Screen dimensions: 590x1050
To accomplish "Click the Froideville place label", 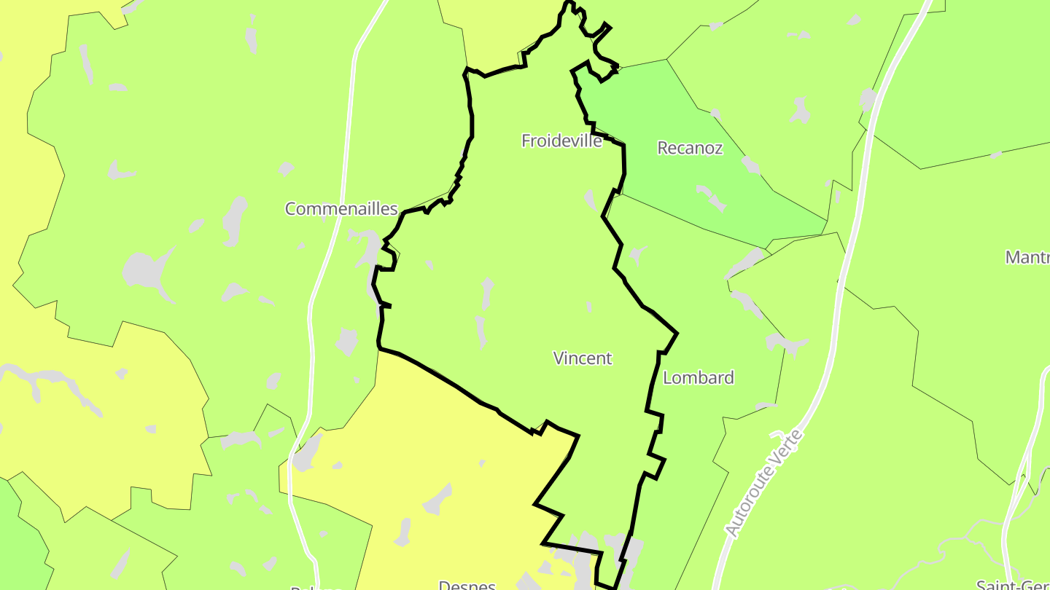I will pos(561,141).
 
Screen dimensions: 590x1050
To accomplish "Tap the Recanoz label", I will pos(690,148).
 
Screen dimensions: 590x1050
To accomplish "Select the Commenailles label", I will pos(341,209).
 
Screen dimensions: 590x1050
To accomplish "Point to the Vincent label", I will pos(583,358).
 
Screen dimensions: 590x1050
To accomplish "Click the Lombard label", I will pos(698,377).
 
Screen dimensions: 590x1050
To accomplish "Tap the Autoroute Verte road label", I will pos(764,484).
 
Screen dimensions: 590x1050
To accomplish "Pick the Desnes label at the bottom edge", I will pos(467,584).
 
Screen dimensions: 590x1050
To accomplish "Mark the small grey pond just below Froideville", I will pos(591,198).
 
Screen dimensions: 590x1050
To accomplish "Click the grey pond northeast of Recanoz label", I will pos(801,111).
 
